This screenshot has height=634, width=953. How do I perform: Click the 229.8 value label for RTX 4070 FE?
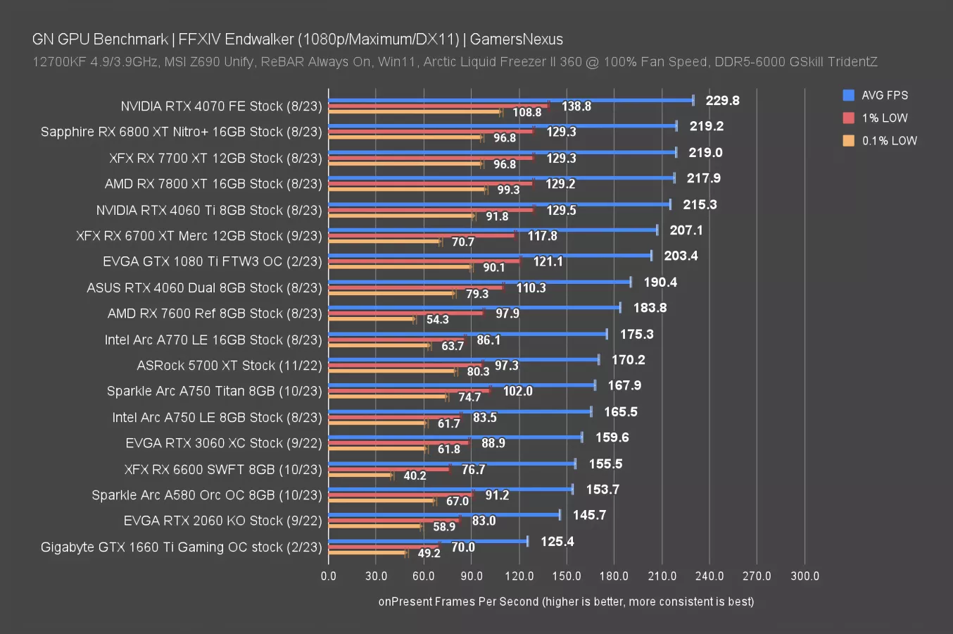coord(722,101)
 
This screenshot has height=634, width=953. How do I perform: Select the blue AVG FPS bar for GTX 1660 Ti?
coord(428,541)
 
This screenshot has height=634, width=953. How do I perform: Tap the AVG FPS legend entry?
coord(884,95)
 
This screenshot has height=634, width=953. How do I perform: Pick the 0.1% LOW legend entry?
coord(889,141)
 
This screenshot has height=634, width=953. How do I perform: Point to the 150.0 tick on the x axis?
coord(567,576)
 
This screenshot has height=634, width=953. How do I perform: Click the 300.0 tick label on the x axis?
coord(804,576)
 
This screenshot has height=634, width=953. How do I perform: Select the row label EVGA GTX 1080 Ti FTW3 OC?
coord(213,261)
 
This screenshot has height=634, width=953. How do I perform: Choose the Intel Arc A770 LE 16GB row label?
coord(213,340)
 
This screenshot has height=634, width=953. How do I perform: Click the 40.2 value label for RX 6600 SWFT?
coord(415,475)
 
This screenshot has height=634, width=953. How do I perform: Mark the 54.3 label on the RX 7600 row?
coord(437,320)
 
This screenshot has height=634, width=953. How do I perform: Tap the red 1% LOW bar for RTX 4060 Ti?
coord(431,210)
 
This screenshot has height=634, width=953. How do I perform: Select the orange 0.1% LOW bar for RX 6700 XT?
coord(384,242)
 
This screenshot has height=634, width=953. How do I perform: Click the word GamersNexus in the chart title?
coord(517,39)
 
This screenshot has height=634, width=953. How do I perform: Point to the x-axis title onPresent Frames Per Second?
coord(566,602)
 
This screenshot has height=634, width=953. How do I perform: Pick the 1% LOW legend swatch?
coord(849,118)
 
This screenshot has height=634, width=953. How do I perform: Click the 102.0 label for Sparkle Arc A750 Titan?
coord(517,391)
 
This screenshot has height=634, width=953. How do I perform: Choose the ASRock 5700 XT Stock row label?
coord(229,366)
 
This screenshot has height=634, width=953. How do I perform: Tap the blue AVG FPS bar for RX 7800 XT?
coord(501,178)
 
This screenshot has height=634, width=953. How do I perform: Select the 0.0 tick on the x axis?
coord(329,576)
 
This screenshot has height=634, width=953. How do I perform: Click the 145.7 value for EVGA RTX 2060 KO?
coord(589,515)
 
